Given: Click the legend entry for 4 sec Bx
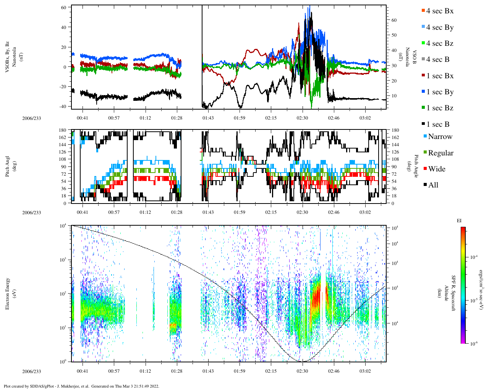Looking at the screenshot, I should pyautogui.click(x=440, y=11).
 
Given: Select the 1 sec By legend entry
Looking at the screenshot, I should pyautogui.click(x=440, y=92).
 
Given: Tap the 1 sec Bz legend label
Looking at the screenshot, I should pyautogui.click(x=440, y=108).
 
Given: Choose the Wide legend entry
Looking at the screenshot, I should pyautogui.click(x=437, y=169).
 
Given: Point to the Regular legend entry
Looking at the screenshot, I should pyautogui.click(x=440, y=153).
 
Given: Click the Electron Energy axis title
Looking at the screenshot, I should pyautogui.click(x=8, y=293).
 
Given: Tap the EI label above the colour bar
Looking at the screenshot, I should pyautogui.click(x=459, y=221).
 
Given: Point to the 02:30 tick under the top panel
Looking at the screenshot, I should pyautogui.click(x=302, y=118).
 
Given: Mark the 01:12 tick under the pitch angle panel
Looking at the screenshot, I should pyautogui.click(x=145, y=212).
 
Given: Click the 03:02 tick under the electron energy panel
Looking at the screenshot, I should pyautogui.click(x=365, y=371).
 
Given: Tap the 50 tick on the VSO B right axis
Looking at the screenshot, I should pyautogui.click(x=393, y=35).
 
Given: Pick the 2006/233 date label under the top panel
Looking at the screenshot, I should pyautogui.click(x=31, y=118).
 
